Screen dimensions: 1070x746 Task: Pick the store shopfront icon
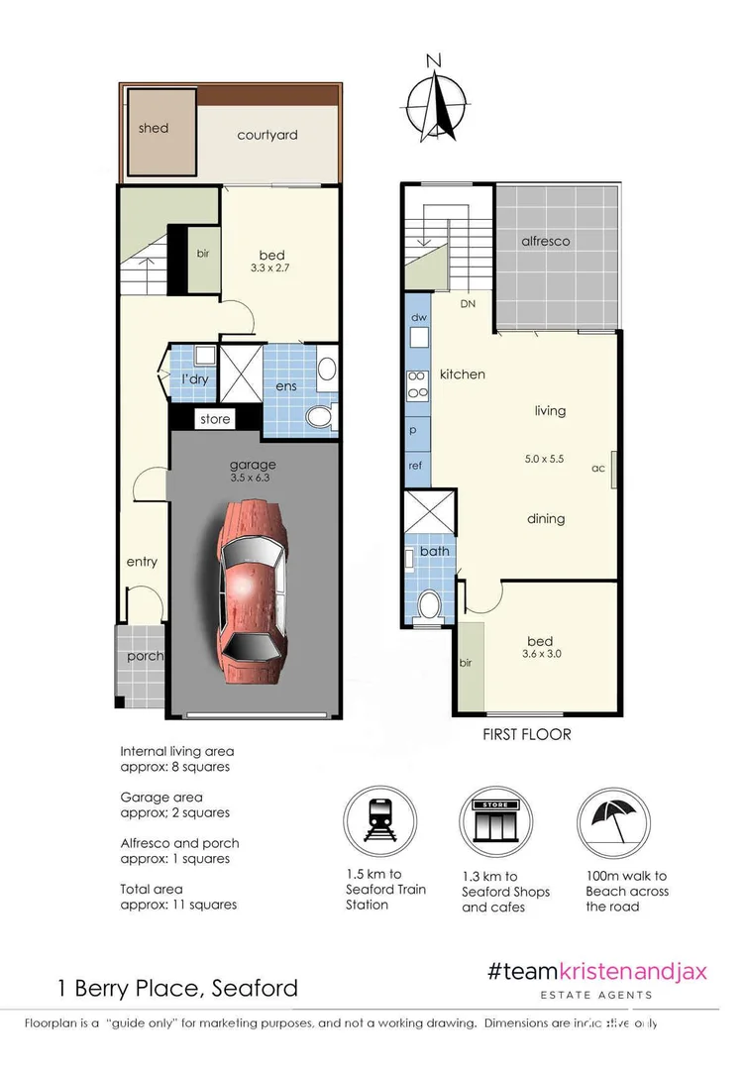click(x=495, y=821)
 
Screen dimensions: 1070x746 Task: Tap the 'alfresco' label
click(x=546, y=241)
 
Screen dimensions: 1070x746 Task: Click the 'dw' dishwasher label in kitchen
click(x=417, y=318)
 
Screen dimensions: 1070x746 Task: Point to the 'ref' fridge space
click(x=416, y=465)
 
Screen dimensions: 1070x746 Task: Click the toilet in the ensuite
click(x=318, y=416)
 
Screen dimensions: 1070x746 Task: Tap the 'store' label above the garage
click(x=215, y=419)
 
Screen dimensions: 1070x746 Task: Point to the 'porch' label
click(x=144, y=656)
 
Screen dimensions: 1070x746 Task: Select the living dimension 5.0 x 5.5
click(x=544, y=459)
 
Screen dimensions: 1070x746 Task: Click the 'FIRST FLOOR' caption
click(x=526, y=735)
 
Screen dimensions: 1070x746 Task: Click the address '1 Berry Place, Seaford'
click(x=175, y=988)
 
